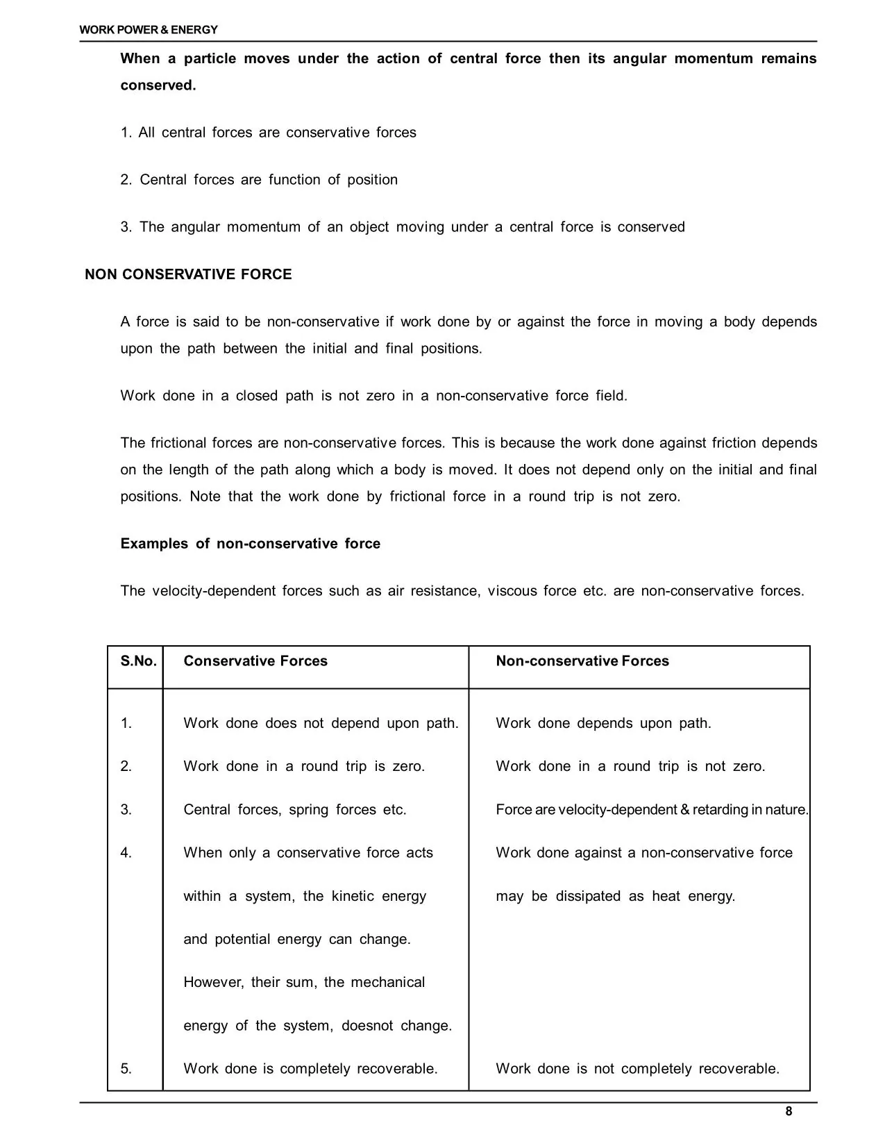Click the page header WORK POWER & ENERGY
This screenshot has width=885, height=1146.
pos(149,30)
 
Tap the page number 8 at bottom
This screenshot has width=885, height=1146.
pos(789,1111)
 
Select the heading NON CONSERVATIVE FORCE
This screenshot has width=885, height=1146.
pos(188,274)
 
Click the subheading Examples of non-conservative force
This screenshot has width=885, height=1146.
pos(250,544)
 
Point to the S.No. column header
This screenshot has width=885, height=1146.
pos(138,661)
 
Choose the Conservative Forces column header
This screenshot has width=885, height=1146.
pos(255,661)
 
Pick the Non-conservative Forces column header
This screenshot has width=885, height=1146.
pos(582,661)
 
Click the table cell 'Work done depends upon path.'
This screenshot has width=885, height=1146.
pos(603,724)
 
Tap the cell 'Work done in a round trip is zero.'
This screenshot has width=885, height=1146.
pos(304,767)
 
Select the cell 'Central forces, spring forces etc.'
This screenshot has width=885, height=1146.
pos(295,810)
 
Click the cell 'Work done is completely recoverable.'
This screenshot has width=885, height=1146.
pos(310,1069)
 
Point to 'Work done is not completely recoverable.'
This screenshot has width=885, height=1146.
pos(637,1069)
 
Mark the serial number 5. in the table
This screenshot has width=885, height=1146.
pos(126,1069)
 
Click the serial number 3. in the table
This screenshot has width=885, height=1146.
pos(126,810)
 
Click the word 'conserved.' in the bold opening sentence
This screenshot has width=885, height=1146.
pos(158,85)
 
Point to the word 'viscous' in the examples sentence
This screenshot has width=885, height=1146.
pos(512,591)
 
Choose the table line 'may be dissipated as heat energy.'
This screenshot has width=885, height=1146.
pos(615,897)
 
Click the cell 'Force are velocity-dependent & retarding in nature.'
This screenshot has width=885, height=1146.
pos(652,810)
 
